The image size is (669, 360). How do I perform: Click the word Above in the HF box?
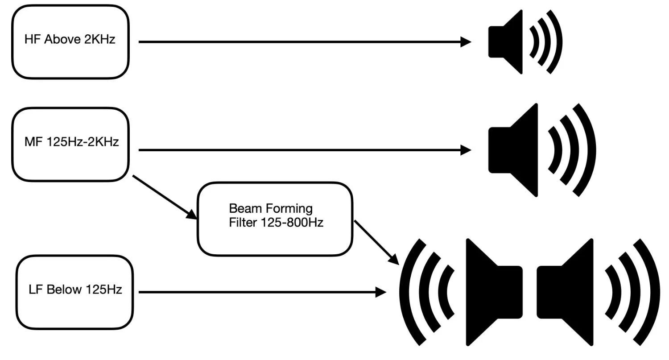(61, 39)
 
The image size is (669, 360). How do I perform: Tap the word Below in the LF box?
(64, 290)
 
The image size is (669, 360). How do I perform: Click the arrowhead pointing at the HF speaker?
(466, 42)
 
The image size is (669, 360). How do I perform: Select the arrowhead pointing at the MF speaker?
(466, 150)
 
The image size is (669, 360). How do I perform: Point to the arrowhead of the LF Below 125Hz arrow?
(381, 293)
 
